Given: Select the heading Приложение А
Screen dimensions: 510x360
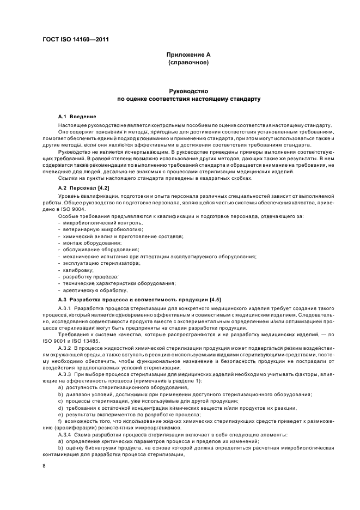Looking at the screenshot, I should (x=188, y=55).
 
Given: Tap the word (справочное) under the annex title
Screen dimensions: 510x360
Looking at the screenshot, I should (x=188, y=63).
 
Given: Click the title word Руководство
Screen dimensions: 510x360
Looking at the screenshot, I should (x=188, y=91).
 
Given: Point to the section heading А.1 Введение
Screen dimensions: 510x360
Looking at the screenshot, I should (x=77, y=117).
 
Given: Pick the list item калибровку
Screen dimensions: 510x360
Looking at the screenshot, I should (x=78, y=270).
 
